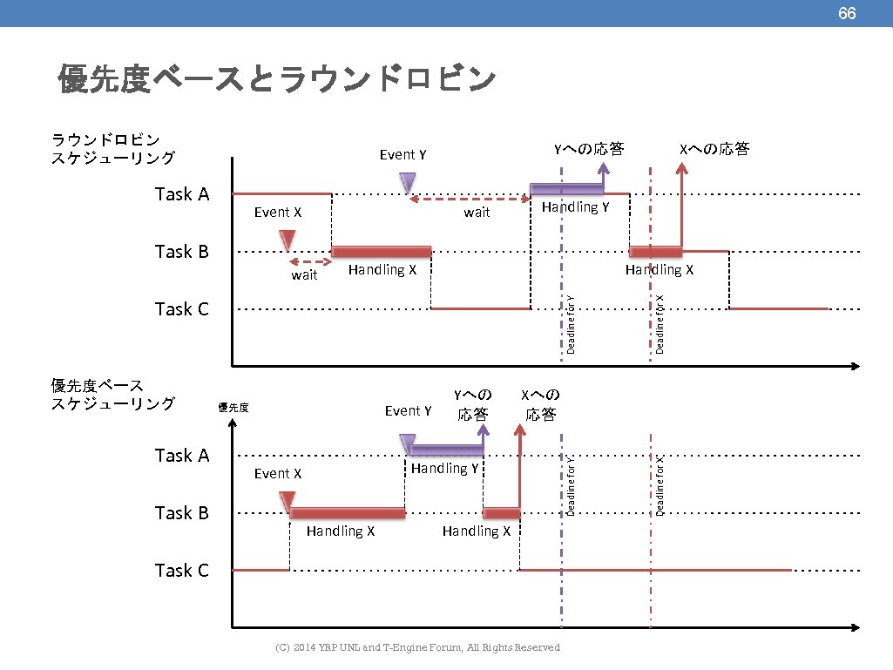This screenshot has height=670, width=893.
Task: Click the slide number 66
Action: coord(847,13)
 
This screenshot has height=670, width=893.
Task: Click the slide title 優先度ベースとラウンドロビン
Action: coord(276,79)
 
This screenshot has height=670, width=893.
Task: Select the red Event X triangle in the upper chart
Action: coord(288,240)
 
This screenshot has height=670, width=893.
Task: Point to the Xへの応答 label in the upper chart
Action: coord(714,149)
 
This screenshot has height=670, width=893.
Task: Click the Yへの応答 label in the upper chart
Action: coord(590,149)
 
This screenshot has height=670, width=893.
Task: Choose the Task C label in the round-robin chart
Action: coord(182,309)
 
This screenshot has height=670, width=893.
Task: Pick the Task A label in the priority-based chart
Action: coord(182,456)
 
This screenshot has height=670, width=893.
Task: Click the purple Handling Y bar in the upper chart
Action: coord(567,189)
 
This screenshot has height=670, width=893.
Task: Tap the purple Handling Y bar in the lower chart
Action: coord(446,450)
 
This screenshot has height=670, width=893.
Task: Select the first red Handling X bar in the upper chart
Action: coord(382,252)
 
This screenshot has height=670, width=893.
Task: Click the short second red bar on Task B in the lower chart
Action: coord(501,513)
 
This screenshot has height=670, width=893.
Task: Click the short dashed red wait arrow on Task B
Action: coord(310,261)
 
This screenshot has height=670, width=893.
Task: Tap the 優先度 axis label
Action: coord(233,407)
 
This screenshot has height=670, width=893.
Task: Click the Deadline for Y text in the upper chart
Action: coord(571,323)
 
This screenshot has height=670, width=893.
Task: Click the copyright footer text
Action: coord(417,647)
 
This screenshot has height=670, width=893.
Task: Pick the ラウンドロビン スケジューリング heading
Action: coord(112,149)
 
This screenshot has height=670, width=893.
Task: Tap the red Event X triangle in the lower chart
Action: coord(286,501)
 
